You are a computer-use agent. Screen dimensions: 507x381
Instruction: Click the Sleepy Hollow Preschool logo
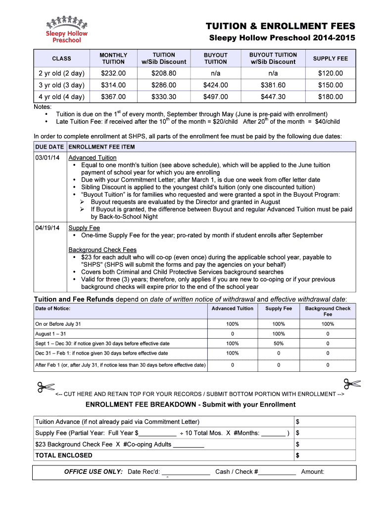(x=66, y=29)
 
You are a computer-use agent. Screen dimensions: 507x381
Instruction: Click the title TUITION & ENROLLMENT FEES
(x=281, y=26)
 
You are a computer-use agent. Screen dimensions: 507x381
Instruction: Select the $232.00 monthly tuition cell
(x=113, y=73)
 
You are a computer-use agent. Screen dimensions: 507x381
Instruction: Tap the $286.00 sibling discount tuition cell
(x=164, y=85)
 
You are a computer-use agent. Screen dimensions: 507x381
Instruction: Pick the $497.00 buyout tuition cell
(x=216, y=97)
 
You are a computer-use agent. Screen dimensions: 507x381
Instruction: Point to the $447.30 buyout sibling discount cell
(x=273, y=97)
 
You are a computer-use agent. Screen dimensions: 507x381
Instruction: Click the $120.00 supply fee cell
(x=331, y=73)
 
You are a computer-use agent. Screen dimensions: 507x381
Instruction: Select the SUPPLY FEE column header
(x=331, y=58)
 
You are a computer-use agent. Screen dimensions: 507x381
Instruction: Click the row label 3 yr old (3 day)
(x=61, y=85)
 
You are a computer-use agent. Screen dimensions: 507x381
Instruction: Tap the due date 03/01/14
(x=48, y=158)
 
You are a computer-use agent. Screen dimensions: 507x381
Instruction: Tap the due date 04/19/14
(x=48, y=228)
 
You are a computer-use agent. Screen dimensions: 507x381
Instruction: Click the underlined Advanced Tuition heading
(x=93, y=158)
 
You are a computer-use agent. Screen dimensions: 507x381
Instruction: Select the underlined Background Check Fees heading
(x=102, y=250)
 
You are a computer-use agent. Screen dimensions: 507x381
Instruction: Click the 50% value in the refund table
(x=279, y=344)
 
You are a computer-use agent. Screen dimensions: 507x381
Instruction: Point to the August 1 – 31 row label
(x=51, y=334)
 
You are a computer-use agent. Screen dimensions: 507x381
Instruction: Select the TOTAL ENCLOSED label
(x=64, y=455)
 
